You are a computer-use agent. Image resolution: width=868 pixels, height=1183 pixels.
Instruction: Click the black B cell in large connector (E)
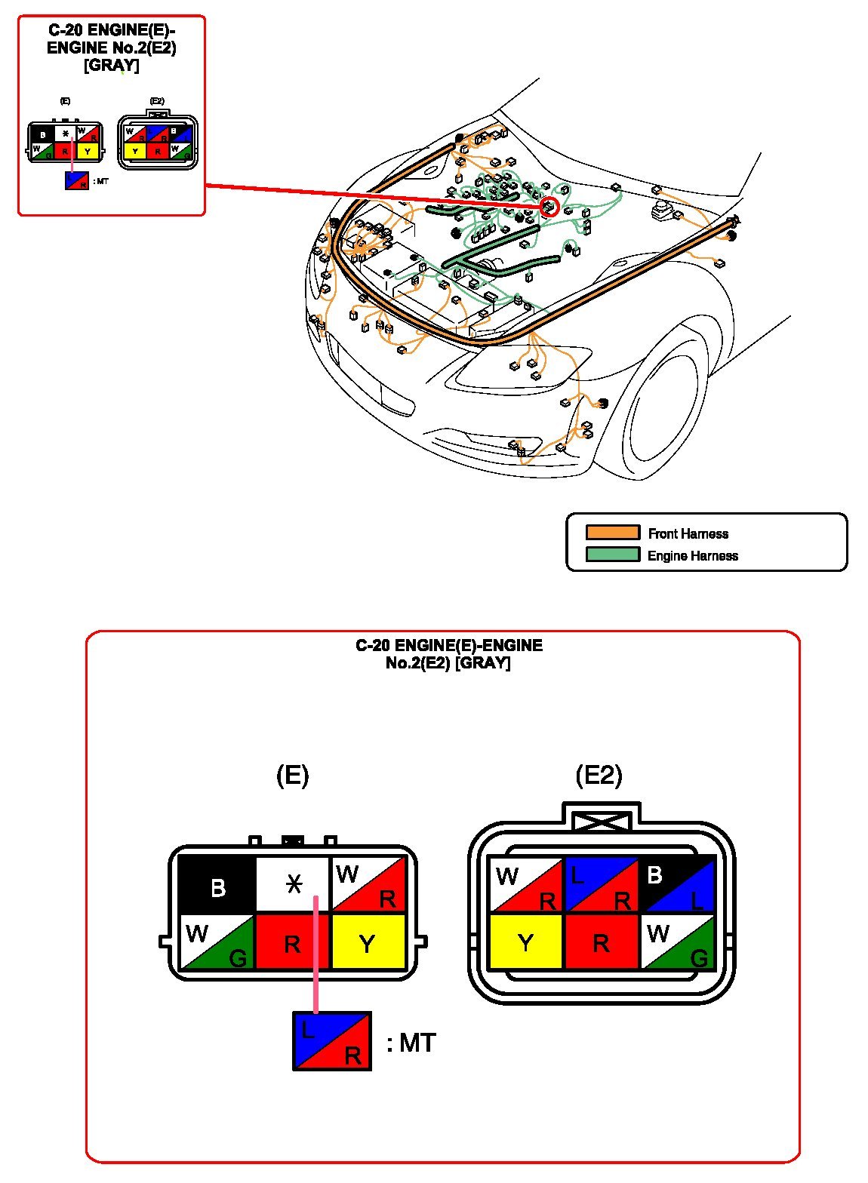click(217, 886)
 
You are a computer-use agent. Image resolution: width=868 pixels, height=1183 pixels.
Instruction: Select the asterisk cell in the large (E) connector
click(294, 884)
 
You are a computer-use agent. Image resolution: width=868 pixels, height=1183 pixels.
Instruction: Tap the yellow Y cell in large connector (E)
click(368, 942)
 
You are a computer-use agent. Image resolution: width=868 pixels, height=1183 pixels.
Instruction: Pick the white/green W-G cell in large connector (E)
click(217, 942)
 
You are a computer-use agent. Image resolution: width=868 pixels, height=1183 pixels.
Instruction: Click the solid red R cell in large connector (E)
click(293, 942)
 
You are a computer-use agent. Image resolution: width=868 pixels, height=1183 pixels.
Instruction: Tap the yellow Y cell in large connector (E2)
click(526, 942)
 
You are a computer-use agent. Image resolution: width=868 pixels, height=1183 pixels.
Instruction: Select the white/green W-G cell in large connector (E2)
click(677, 942)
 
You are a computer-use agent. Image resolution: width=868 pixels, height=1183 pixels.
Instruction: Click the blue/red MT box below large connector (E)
click(332, 1041)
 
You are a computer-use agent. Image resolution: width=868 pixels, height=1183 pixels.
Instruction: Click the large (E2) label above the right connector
click(599, 776)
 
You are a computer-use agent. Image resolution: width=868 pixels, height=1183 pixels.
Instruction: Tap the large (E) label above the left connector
click(293, 776)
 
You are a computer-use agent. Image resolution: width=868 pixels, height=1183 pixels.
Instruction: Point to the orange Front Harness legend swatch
click(612, 533)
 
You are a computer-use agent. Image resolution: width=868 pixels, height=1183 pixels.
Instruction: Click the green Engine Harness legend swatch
click(612, 555)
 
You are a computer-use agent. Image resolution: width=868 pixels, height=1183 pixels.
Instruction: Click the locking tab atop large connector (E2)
click(602, 819)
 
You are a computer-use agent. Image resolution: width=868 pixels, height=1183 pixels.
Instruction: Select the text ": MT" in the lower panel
click(411, 1043)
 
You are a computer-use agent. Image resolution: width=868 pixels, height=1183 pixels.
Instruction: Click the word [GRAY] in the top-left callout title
click(112, 66)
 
